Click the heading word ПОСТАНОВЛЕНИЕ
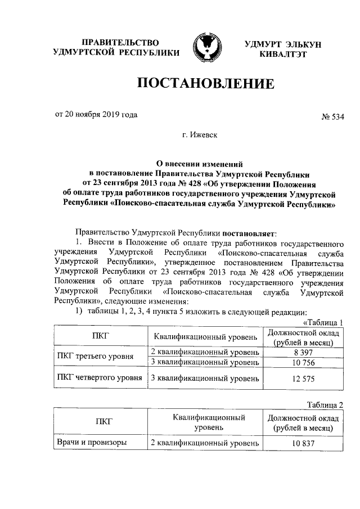tap(206, 84)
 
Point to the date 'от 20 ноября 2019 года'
tap(96, 115)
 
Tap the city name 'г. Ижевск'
tap(201, 136)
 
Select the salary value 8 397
tap(303, 352)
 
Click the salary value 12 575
tap(303, 378)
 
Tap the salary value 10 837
tap(303, 443)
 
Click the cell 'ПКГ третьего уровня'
tap(96, 357)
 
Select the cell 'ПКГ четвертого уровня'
tap(100, 378)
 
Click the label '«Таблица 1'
tap(323, 322)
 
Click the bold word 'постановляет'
tap(249, 232)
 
